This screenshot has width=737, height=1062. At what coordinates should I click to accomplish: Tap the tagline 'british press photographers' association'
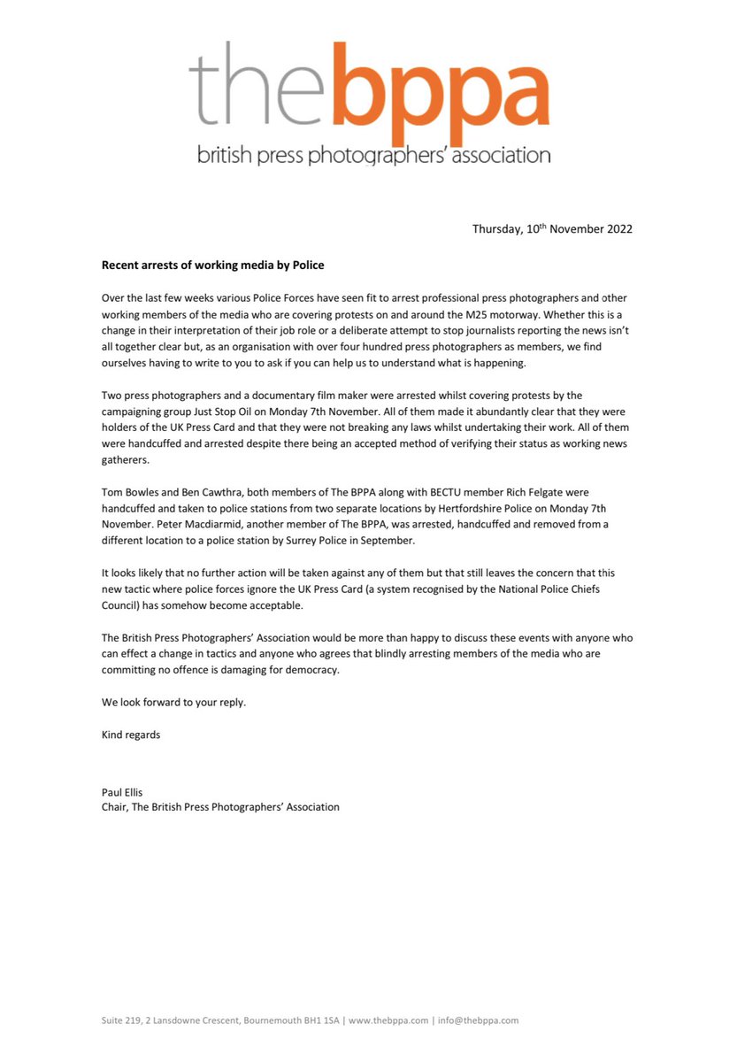(372, 157)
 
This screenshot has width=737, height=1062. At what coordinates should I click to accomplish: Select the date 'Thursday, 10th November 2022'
(552, 228)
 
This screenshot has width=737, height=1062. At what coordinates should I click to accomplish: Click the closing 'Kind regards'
(131, 735)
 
